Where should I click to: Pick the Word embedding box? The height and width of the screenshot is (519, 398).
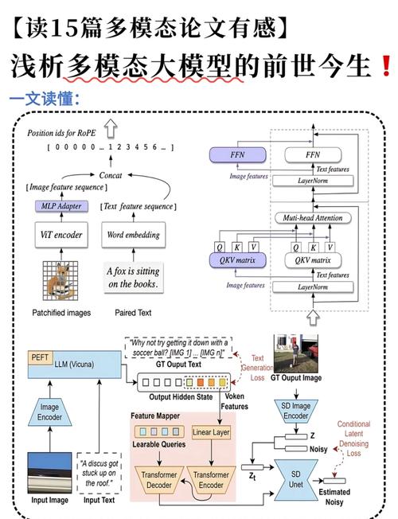(x=133, y=235)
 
